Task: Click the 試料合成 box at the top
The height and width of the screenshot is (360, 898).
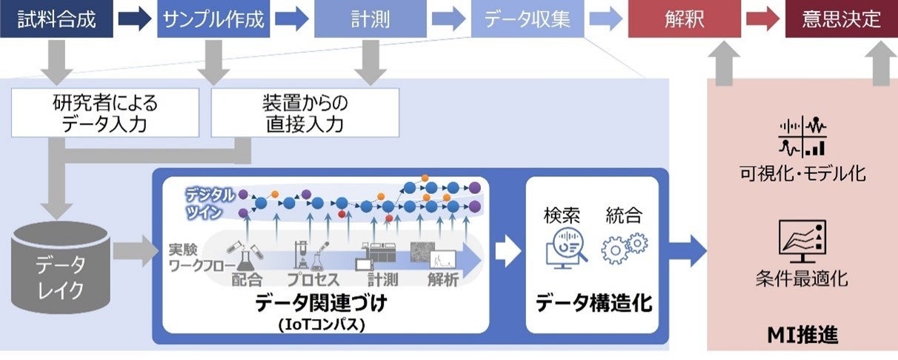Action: pyautogui.click(x=56, y=19)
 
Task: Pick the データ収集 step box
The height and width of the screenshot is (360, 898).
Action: pyautogui.click(x=528, y=19)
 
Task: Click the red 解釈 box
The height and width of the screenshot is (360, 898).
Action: pyautogui.click(x=685, y=19)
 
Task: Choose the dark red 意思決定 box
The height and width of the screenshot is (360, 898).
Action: pyautogui.click(x=842, y=19)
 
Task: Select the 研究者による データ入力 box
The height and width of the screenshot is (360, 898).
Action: pyautogui.click(x=105, y=113)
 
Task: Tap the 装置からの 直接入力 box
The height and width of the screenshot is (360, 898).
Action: pyautogui.click(x=305, y=113)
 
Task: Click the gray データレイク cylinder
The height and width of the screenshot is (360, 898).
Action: pyautogui.click(x=61, y=264)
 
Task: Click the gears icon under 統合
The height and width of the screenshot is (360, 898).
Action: pyautogui.click(x=624, y=248)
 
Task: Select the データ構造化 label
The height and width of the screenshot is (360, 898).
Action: pyautogui.click(x=593, y=303)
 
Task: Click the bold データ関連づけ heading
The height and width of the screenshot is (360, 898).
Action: pyautogui.click(x=321, y=303)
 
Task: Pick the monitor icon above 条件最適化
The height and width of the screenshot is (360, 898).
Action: pyautogui.click(x=802, y=241)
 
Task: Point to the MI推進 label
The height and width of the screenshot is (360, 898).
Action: pyautogui.click(x=802, y=334)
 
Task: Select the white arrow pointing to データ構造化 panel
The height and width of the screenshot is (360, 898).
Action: pyautogui.click(x=507, y=251)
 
